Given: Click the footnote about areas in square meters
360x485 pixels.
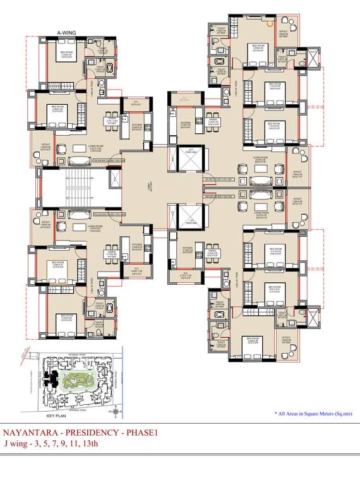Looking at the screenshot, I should pos(313,413).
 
